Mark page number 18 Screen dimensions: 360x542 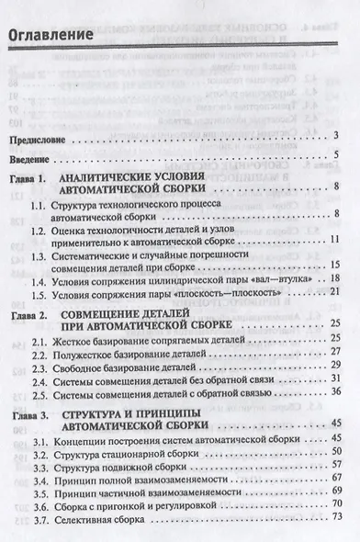coord(335,277)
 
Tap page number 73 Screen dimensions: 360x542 coord(335,518)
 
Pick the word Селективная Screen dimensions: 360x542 coord(88,518)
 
